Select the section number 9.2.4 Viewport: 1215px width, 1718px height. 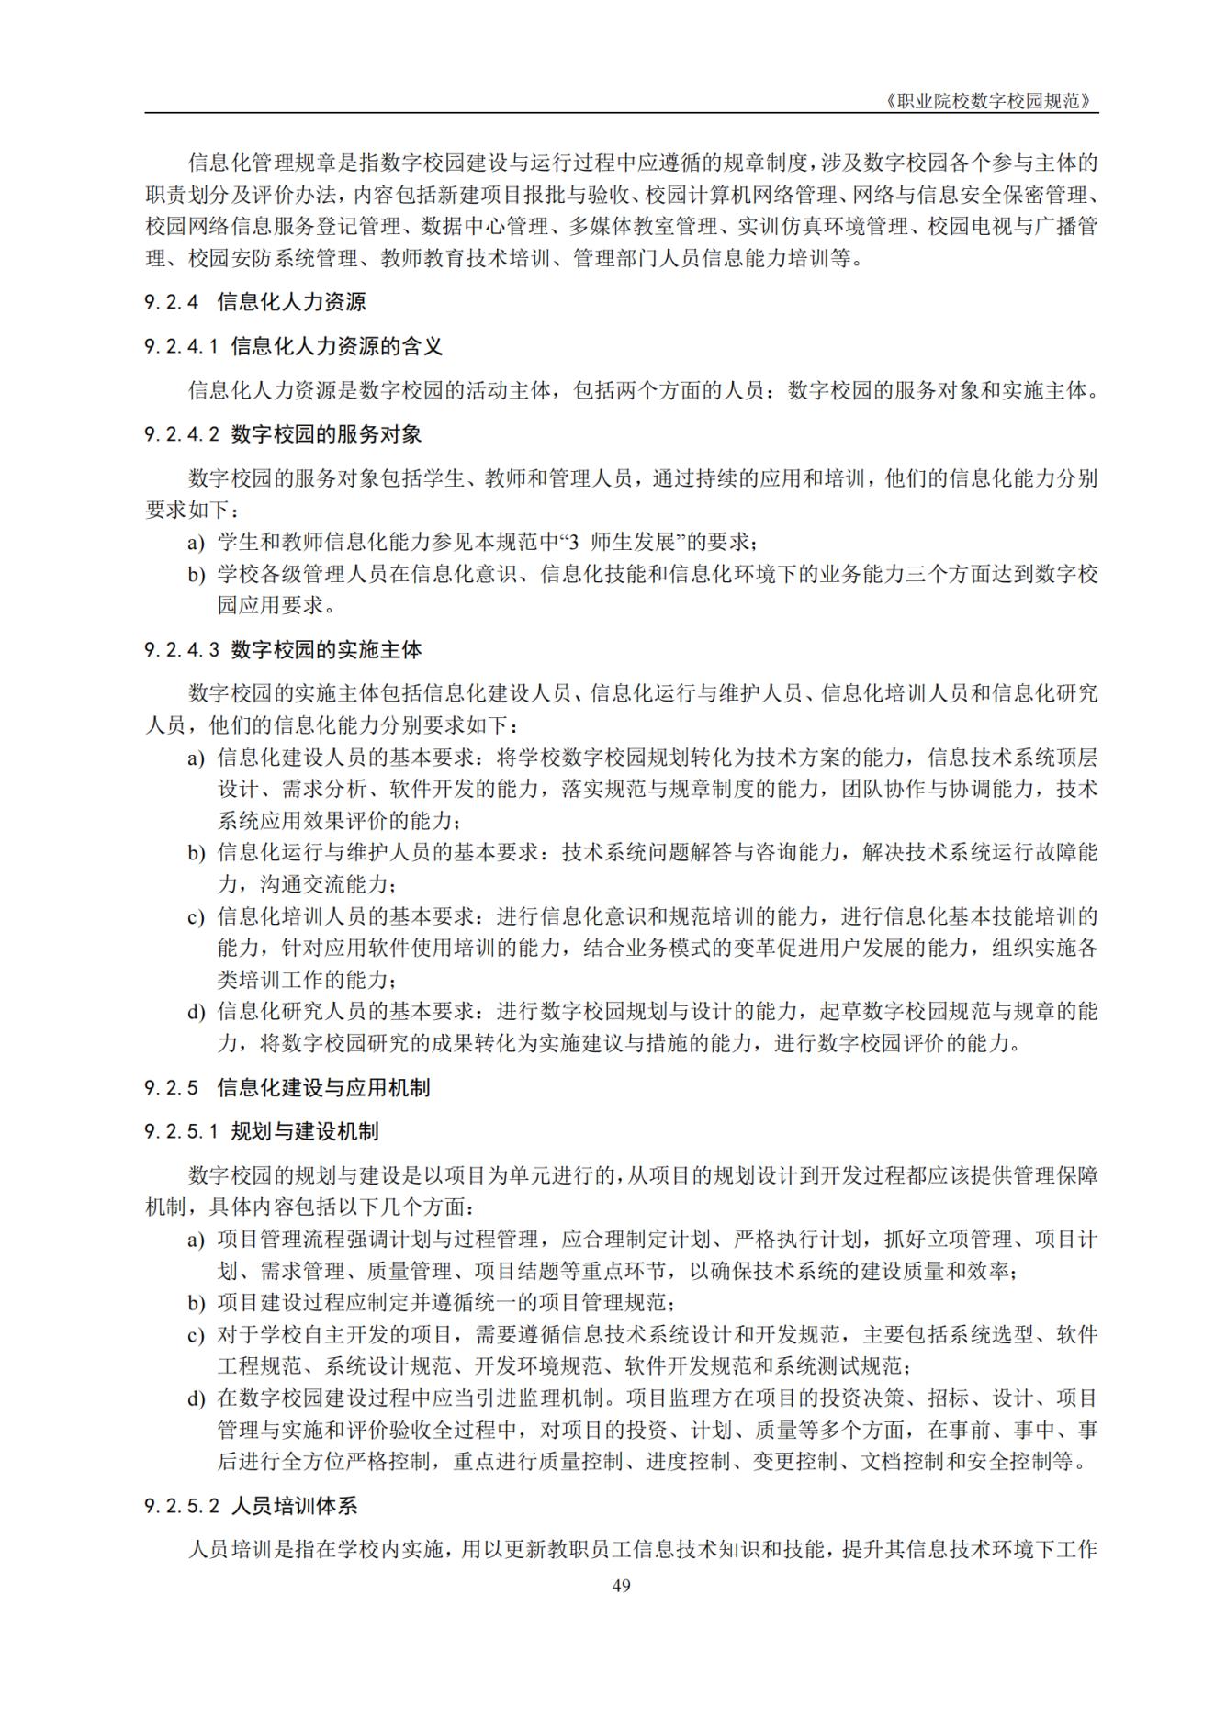(172, 301)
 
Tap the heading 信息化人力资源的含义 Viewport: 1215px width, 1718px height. (337, 346)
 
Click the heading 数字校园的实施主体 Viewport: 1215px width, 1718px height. (326, 650)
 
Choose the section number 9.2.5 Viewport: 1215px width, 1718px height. (172, 1088)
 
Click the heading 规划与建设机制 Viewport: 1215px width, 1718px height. (305, 1132)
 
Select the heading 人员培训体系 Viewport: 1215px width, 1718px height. (294, 1507)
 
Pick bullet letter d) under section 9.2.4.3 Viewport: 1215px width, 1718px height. (197, 1013)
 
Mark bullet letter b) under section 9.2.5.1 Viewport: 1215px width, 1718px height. (197, 1303)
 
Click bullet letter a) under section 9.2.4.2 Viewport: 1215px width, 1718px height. (197, 543)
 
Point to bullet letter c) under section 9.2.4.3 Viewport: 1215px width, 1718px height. (197, 917)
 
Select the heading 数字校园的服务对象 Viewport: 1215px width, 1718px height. (326, 434)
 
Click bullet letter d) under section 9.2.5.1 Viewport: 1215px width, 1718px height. (197, 1399)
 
